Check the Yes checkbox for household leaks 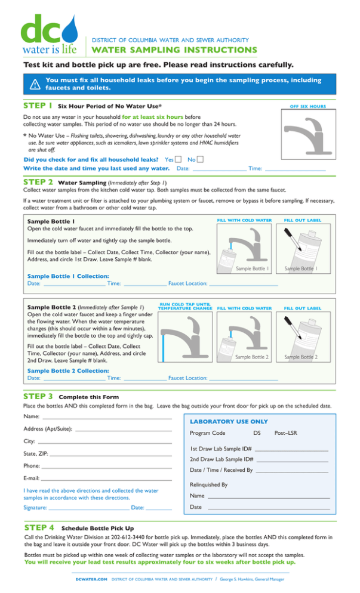point(179,159)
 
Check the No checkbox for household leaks point(200,159)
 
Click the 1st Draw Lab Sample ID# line point(291,450)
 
